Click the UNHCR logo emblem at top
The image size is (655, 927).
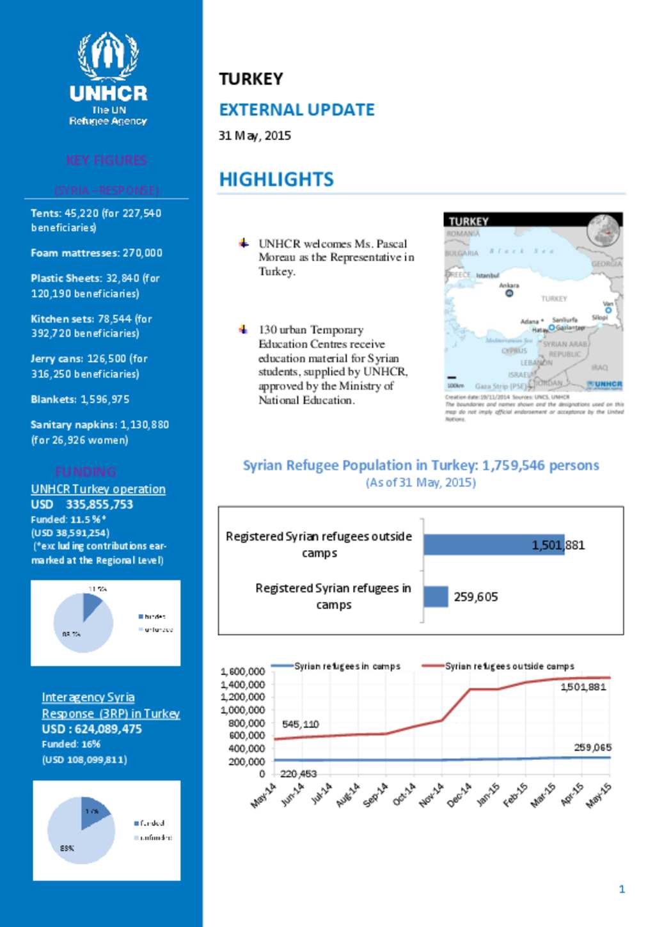pyautogui.click(x=108, y=56)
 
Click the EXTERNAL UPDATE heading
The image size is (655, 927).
pyautogui.click(x=297, y=110)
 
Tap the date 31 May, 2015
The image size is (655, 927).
pyautogui.click(x=255, y=136)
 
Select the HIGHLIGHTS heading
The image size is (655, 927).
pyautogui.click(x=276, y=180)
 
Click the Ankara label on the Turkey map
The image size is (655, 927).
pyautogui.click(x=509, y=285)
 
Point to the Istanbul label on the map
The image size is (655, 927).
pyautogui.click(x=487, y=276)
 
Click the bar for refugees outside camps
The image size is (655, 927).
pyautogui.click(x=493, y=544)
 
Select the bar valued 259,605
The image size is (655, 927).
pyautogui.click(x=436, y=596)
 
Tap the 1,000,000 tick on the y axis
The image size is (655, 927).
pyautogui.click(x=242, y=710)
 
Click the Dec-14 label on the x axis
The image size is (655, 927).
pyautogui.click(x=460, y=795)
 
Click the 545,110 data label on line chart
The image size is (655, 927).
pyautogui.click(x=300, y=724)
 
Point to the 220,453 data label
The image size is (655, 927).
pyautogui.click(x=298, y=774)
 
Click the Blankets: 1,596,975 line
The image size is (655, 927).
pyautogui.click(x=80, y=399)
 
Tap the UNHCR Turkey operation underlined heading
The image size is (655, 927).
pyautogui.click(x=98, y=489)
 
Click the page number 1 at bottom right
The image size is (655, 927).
pyautogui.click(x=622, y=889)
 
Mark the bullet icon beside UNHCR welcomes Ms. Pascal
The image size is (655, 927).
pyautogui.click(x=244, y=243)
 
